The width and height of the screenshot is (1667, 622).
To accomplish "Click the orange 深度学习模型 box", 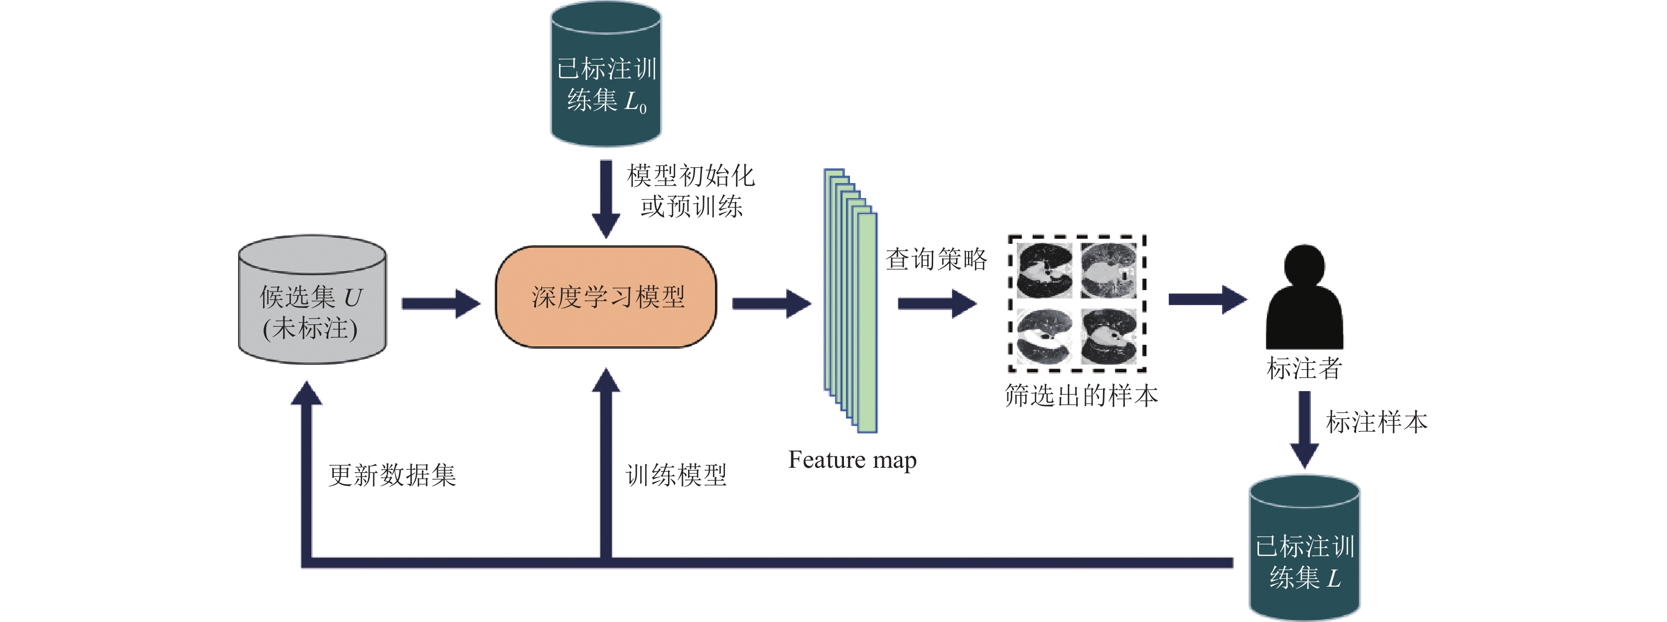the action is tap(606, 297).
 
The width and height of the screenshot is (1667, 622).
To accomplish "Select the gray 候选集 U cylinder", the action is tap(312, 299).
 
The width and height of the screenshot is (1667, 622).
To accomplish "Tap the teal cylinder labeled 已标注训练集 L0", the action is tap(606, 74).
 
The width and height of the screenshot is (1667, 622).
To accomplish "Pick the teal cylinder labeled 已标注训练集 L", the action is tap(1304, 548).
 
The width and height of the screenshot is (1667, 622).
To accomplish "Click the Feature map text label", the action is tap(852, 460).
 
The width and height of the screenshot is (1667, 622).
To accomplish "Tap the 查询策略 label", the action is tap(936, 259).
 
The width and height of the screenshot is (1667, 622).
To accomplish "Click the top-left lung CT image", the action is tap(1043, 270).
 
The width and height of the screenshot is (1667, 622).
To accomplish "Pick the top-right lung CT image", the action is tap(1109, 270).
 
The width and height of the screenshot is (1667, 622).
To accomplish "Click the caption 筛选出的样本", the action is tap(1081, 395).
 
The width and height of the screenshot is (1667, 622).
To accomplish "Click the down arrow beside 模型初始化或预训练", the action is tap(606, 199).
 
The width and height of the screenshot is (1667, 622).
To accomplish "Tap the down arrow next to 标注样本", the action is tap(1304, 430).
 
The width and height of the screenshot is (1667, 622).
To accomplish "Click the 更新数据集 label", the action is tap(392, 475).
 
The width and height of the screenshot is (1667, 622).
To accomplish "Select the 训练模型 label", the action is tap(676, 475).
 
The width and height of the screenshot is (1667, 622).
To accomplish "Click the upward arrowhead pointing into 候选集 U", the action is tap(306, 393).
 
